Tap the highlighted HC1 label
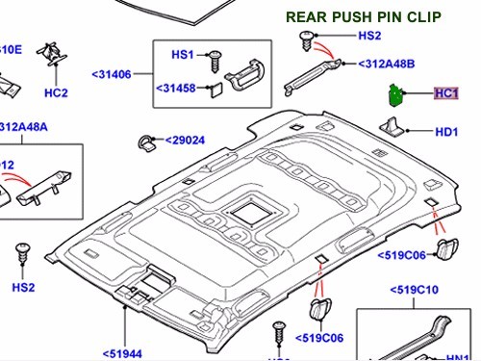446,94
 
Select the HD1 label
447,132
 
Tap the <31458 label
178,90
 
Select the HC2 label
57,92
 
